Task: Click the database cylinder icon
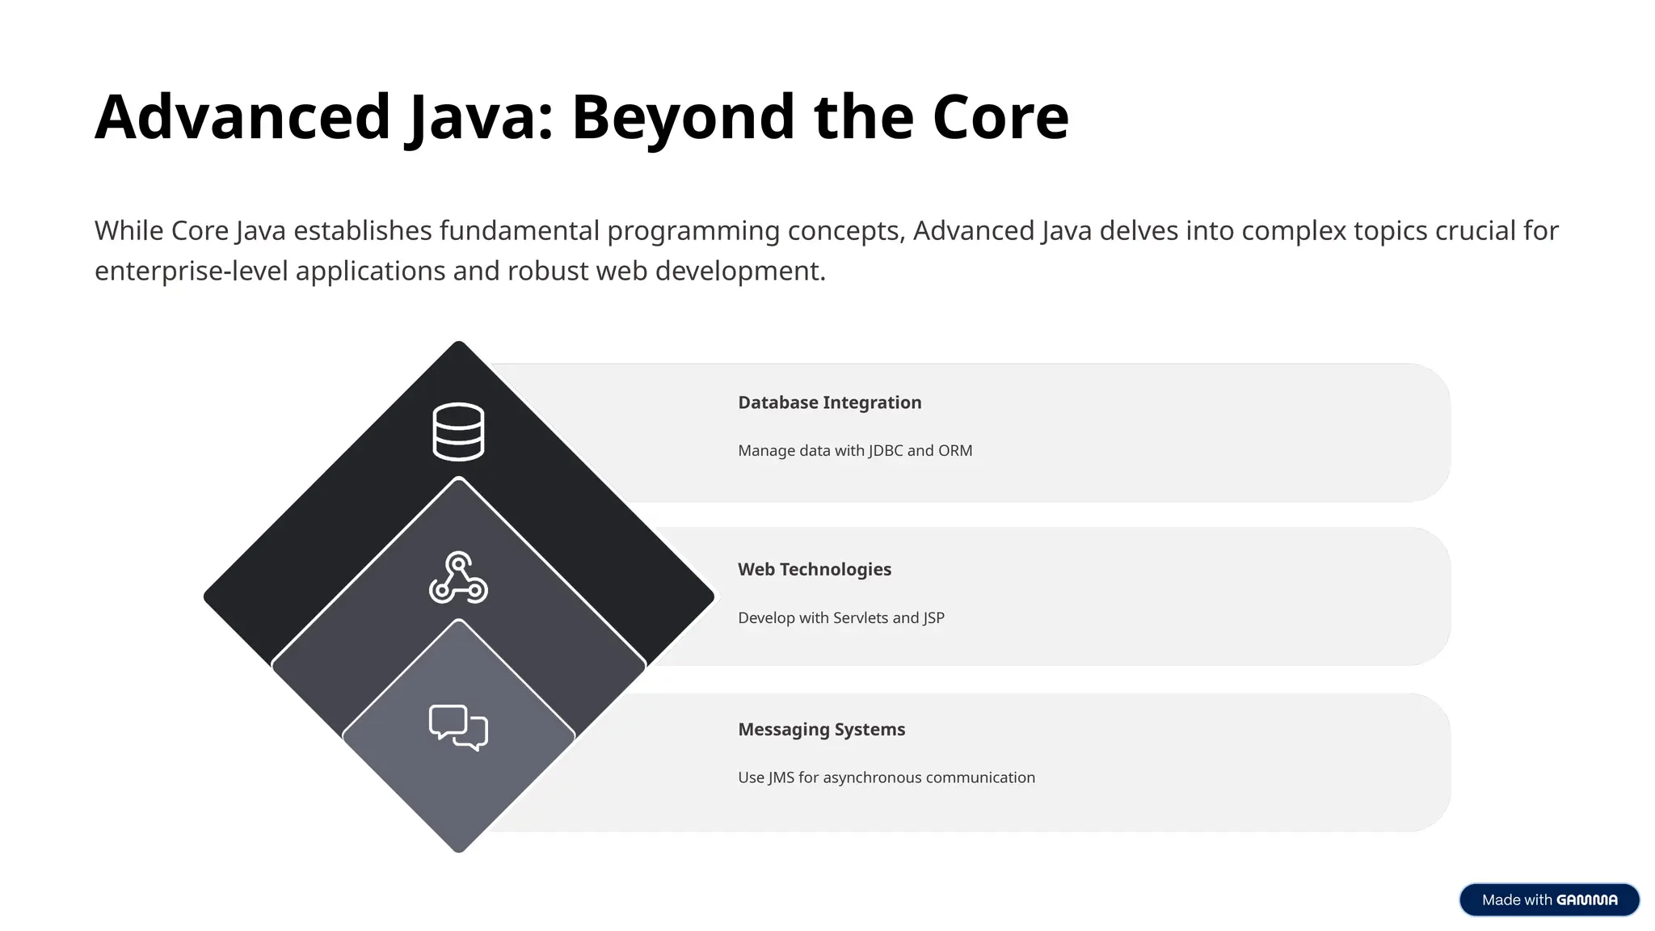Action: coord(458,432)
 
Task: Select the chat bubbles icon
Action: coord(458,727)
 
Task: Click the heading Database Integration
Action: coord(829,402)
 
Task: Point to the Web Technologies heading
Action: coord(814,569)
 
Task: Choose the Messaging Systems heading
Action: coord(821,729)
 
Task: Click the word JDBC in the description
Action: coord(886,450)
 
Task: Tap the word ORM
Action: coord(955,450)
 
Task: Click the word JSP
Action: coord(933,617)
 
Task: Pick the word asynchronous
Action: coord(872,777)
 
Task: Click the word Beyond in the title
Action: coord(683,117)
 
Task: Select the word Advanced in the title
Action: coord(243,117)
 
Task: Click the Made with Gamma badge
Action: coord(1549,899)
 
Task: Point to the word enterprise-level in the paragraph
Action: coord(191,271)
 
